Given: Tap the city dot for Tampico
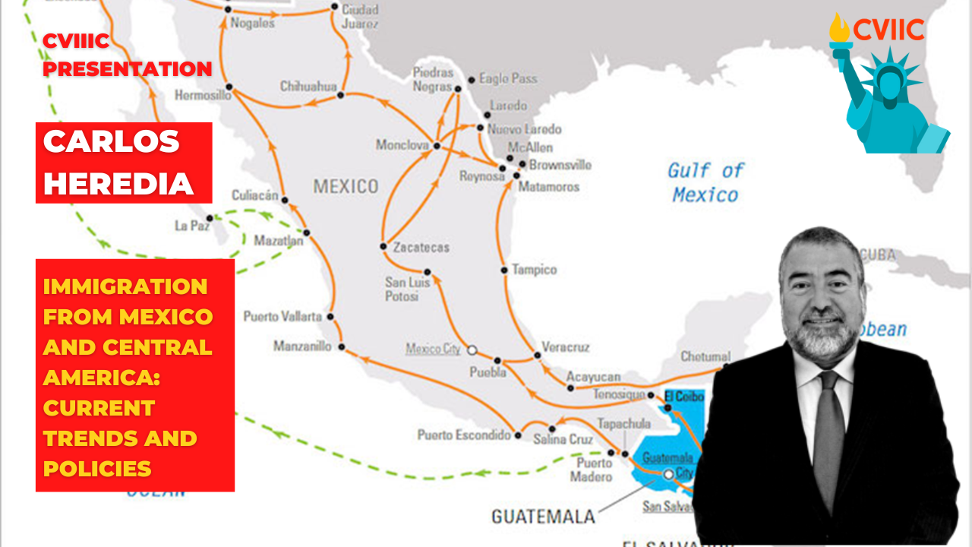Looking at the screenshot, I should (504, 270).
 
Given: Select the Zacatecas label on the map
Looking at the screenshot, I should (421, 247).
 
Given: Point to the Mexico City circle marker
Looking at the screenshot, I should (472, 350).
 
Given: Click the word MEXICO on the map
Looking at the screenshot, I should (346, 186).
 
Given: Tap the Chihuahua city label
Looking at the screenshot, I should (308, 87).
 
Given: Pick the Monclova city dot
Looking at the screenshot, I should (437, 145).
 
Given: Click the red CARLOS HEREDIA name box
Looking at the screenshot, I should (124, 163).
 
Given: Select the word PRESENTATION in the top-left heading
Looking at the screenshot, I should (127, 69).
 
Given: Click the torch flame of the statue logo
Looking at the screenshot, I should (839, 28).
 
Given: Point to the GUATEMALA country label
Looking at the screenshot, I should (543, 517).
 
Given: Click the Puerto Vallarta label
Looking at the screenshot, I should (282, 316).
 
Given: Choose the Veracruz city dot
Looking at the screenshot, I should (537, 355).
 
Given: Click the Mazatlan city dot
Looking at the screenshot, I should (306, 232).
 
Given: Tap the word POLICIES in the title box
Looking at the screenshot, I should (97, 469).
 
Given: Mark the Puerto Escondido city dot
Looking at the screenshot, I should (518, 435).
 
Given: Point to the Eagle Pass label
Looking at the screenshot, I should (508, 78).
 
